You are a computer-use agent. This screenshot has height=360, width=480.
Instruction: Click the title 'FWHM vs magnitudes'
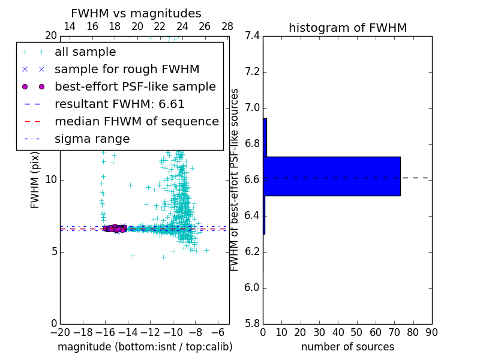coord(136,14)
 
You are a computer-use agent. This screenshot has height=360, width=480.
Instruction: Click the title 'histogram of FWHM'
coord(347,28)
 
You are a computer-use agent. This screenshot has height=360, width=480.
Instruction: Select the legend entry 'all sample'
coord(85,52)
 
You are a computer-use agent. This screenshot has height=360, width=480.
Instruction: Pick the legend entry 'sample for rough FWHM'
coord(127,70)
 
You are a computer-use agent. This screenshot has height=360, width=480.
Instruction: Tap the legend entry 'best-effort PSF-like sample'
coord(135,87)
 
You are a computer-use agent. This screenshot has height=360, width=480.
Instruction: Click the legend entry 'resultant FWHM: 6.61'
coord(119,104)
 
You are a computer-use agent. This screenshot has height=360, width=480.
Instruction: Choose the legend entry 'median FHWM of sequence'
coord(136,122)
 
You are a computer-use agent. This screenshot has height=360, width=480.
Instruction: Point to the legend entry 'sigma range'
coord(92,139)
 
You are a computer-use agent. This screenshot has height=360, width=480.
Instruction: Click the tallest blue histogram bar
coord(332,176)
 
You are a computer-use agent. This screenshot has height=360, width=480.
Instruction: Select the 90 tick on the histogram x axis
coord(431,332)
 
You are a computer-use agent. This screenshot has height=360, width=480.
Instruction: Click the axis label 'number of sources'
coord(347,347)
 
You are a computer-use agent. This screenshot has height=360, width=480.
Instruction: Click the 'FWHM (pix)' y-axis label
coord(35,179)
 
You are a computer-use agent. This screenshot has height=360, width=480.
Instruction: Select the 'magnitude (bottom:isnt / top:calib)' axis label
coord(145,347)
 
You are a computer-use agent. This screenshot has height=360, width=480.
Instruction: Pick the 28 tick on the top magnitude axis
coord(227,27)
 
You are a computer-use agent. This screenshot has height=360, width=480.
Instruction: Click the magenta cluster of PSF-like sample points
coord(115,228)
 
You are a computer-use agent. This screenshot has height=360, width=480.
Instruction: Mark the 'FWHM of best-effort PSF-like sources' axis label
coord(235,179)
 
